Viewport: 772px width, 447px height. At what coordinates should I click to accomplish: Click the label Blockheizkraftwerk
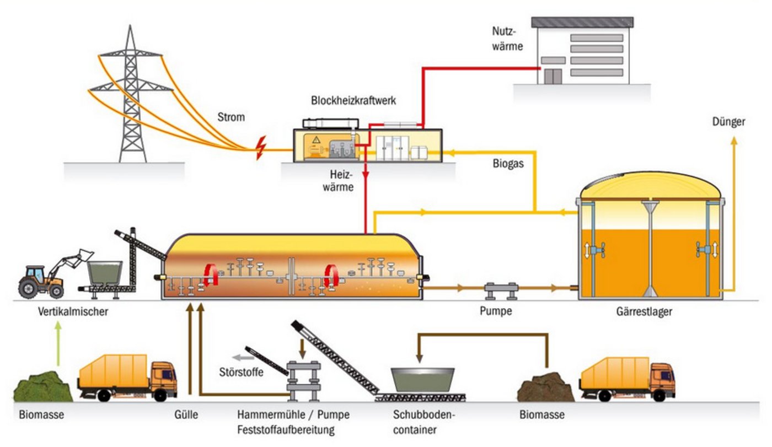tap(353, 101)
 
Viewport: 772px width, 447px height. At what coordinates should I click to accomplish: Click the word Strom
tap(231, 117)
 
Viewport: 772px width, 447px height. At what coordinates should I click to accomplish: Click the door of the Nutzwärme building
tap(553, 76)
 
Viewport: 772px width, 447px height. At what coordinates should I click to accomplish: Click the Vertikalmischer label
tap(73, 312)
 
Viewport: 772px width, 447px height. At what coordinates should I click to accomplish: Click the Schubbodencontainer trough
tap(422, 379)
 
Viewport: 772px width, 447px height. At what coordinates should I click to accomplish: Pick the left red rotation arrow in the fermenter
tap(210, 275)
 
